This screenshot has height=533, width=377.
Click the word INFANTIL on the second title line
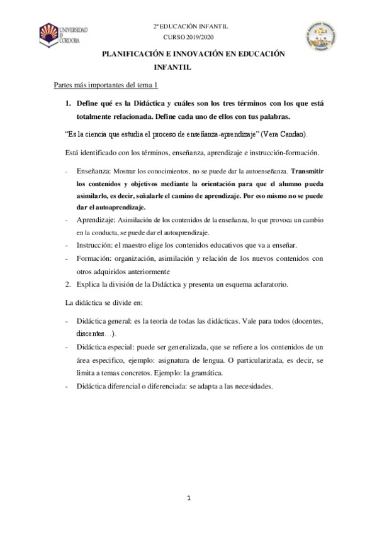[x=172, y=66]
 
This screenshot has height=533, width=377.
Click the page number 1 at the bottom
[x=189, y=498]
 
